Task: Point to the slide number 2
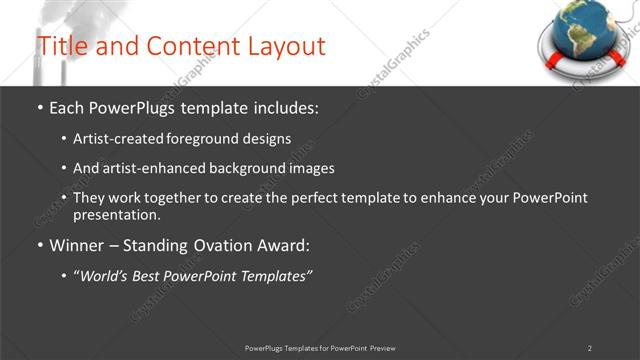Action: [590, 348]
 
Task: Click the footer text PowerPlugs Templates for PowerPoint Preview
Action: [320, 348]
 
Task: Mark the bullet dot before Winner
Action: [40, 245]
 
